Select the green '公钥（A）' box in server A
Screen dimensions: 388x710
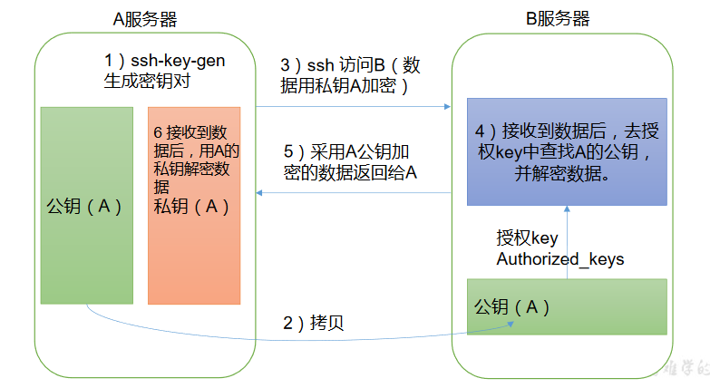pyautogui.click(x=87, y=206)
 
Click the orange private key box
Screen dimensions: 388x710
pyautogui.click(x=194, y=206)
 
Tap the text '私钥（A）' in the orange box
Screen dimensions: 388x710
pyautogui.click(x=191, y=207)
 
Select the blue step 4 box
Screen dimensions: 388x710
pyautogui.click(x=567, y=152)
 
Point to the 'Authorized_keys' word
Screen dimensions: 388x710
pyautogui.click(x=560, y=259)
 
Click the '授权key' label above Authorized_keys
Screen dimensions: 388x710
pyautogui.click(x=527, y=238)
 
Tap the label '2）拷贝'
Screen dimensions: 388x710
pyautogui.click(x=314, y=324)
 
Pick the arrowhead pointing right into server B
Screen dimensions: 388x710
pyautogui.click(x=447, y=106)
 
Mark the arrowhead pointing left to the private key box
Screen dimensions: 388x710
pyautogui.click(x=260, y=192)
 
